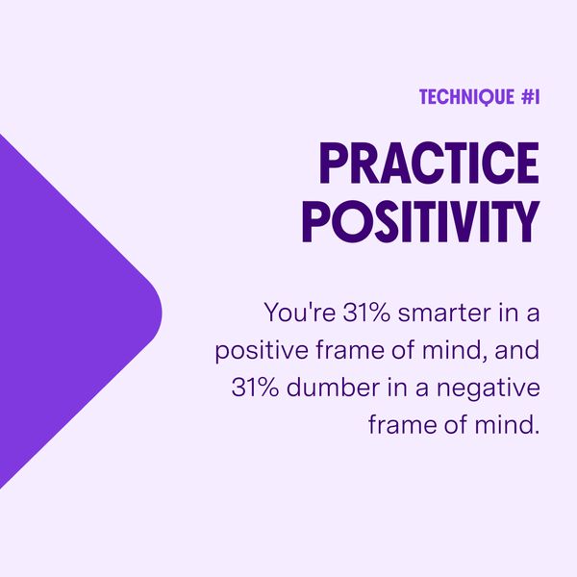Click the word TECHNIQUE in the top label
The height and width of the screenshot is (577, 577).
[466, 97]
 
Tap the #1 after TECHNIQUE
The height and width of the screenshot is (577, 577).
[531, 97]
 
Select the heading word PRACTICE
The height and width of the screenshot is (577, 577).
[429, 163]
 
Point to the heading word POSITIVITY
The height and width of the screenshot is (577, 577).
[421, 221]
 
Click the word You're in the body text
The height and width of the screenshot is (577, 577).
[299, 312]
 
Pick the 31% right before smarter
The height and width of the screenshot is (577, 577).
[366, 312]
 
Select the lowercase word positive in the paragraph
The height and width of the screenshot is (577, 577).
[262, 351]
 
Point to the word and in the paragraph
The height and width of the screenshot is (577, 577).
[517, 349]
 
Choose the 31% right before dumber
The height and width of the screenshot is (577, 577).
[255, 388]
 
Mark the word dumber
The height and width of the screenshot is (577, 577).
[333, 387]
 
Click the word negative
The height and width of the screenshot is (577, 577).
[489, 389]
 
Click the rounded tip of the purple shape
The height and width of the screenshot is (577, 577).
[161, 313]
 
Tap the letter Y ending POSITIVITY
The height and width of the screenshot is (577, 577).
[525, 221]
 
